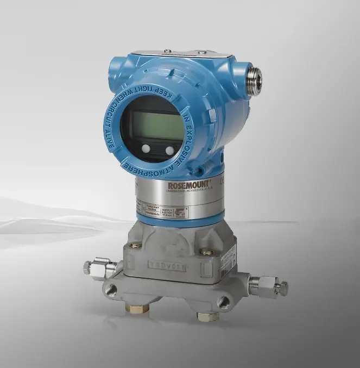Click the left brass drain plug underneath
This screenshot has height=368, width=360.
coord(137,308)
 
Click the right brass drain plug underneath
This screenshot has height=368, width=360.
coord(208,316)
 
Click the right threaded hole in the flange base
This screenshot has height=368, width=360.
coord(223,302)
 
